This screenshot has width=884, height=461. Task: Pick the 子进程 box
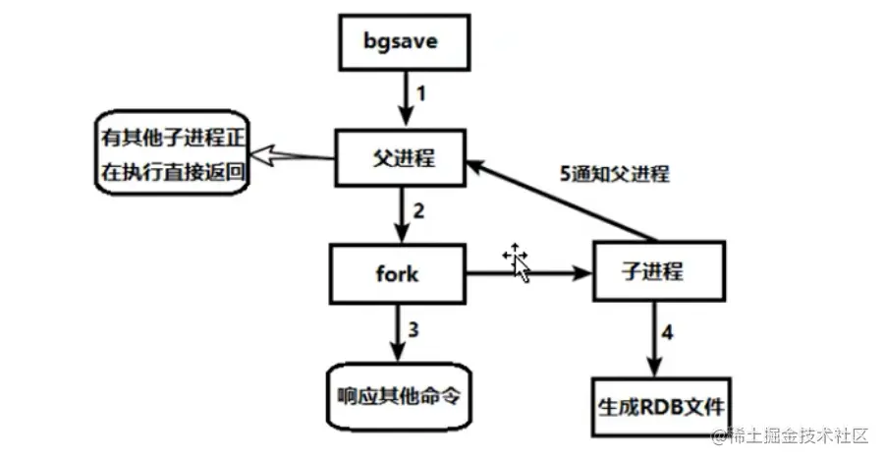tap(653, 272)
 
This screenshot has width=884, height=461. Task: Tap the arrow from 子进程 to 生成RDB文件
tap(653, 334)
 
